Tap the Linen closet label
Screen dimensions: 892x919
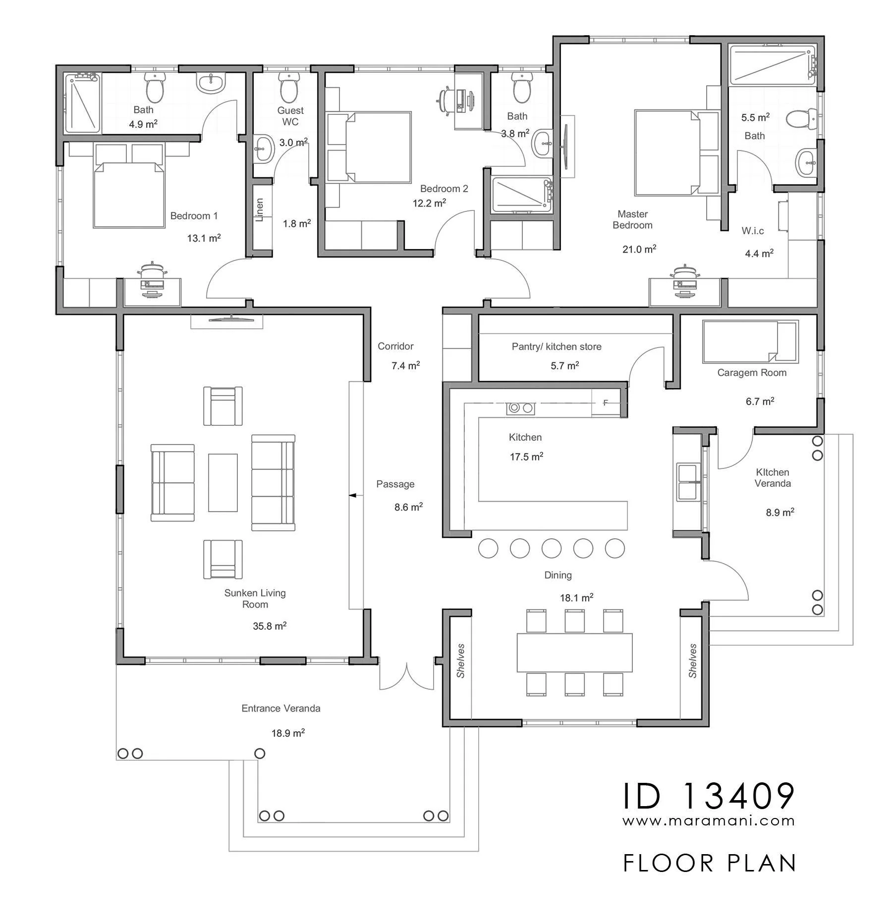pyautogui.click(x=259, y=210)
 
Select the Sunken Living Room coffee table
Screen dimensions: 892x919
pyautogui.click(x=223, y=482)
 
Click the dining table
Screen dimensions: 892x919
pyautogui.click(x=574, y=652)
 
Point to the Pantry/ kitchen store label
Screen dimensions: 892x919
pyautogui.click(x=557, y=347)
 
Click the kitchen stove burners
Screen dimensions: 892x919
pyautogui.click(x=520, y=408)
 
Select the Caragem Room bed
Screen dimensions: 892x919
pyautogui.click(x=750, y=342)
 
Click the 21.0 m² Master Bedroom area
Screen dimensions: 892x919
pyautogui.click(x=639, y=249)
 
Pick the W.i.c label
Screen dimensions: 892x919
pyautogui.click(x=753, y=231)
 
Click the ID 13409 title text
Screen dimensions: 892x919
pyautogui.click(x=709, y=796)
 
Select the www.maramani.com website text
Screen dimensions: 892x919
pyautogui.click(x=709, y=820)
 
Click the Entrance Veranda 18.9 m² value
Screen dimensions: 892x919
pyautogui.click(x=288, y=733)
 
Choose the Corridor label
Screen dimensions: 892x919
pyautogui.click(x=395, y=346)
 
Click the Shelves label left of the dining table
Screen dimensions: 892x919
pyautogui.click(x=461, y=661)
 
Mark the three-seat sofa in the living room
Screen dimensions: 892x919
pyautogui.click(x=273, y=483)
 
